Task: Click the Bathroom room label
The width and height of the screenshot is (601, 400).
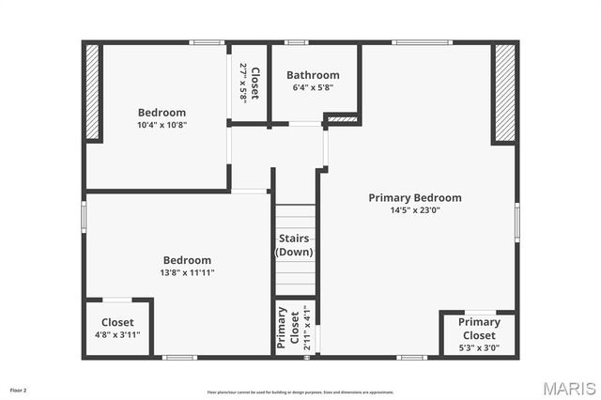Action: pos(313,75)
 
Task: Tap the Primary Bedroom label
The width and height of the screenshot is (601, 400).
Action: pos(414,198)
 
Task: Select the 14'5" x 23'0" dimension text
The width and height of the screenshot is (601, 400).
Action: pos(415,210)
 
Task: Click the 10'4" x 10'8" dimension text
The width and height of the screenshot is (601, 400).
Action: pos(162,125)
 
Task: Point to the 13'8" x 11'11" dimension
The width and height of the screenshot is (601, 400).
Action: pos(188,272)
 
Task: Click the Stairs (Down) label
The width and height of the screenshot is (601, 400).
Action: pos(294,245)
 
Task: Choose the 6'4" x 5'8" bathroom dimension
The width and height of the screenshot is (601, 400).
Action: pos(313,87)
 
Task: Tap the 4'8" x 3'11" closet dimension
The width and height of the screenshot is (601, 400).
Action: pos(117,334)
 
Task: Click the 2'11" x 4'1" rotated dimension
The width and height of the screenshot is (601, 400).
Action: pos(305,328)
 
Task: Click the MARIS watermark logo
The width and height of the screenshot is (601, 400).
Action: pos(568,387)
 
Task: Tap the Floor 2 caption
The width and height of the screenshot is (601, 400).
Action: pos(18,389)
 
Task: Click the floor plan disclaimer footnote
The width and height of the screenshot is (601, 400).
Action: pos(300,392)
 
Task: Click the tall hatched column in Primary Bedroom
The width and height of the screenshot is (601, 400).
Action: pos(505,92)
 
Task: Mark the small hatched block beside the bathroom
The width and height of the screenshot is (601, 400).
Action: pos(342,119)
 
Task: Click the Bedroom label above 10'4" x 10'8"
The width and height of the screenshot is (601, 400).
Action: pos(162,113)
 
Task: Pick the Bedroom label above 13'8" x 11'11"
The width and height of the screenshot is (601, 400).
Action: pos(188,260)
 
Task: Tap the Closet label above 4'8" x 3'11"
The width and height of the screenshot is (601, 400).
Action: pos(117,322)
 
